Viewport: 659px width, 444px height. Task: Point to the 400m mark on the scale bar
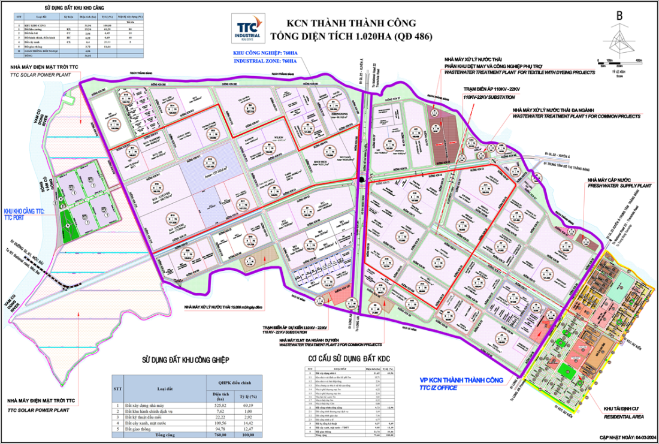tap(638, 61)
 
